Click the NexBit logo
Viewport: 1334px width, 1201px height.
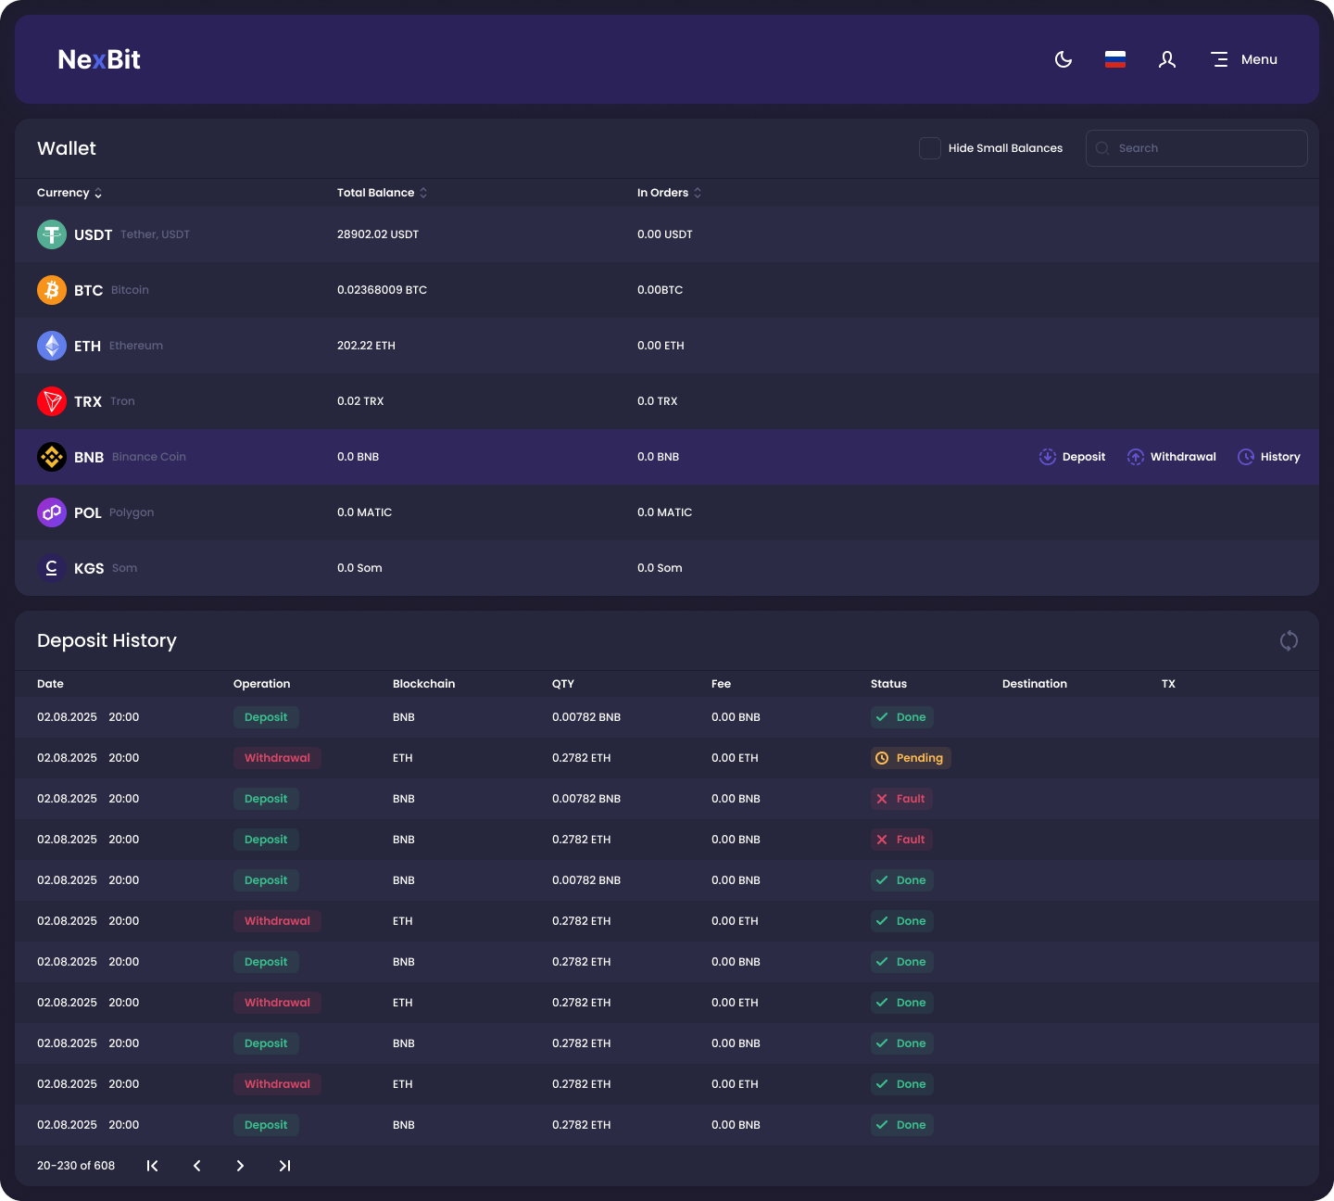[x=99, y=59]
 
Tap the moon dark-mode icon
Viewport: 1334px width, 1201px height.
[x=1063, y=59]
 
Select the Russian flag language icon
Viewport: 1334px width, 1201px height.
[x=1115, y=59]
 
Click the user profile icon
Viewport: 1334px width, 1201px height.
[x=1167, y=59]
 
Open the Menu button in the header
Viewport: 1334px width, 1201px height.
[x=1244, y=59]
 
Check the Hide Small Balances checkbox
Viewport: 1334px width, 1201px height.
[x=930, y=148]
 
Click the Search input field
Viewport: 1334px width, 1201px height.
[x=1197, y=148]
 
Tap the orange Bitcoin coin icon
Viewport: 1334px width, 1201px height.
[x=52, y=290]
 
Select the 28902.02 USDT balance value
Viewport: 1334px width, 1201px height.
[x=378, y=234]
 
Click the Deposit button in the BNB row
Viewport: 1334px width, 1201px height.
[x=1073, y=457]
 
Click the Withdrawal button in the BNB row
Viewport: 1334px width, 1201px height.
[x=1172, y=457]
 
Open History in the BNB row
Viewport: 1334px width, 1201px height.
[x=1269, y=457]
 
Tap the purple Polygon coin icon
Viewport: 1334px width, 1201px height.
[x=52, y=512]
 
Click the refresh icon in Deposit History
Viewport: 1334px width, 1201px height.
[x=1289, y=640]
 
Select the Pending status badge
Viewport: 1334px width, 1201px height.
[x=911, y=758]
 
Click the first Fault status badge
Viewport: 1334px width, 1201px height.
[x=901, y=799]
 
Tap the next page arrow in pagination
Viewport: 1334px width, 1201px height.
[x=240, y=1166]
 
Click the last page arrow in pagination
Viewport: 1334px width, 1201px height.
[x=284, y=1166]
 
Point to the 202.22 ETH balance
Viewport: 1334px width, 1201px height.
[x=366, y=346]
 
